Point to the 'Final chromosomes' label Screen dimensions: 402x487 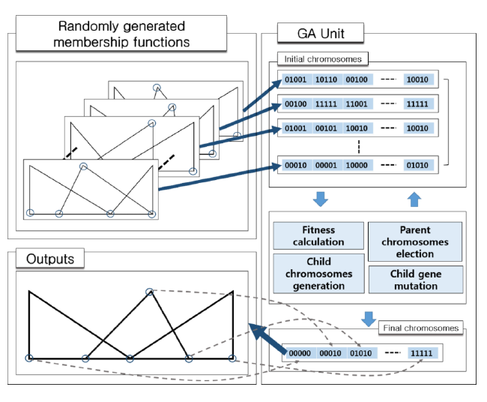421,328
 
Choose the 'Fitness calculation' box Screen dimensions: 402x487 318,235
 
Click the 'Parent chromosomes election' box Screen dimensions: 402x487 415,241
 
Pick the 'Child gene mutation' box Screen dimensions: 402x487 415,279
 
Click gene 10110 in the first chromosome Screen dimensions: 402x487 325,79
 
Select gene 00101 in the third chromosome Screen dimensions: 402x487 325,129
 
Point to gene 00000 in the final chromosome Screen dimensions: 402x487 299,352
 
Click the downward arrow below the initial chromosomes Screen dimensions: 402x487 320,199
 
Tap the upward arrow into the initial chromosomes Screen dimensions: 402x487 416,199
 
